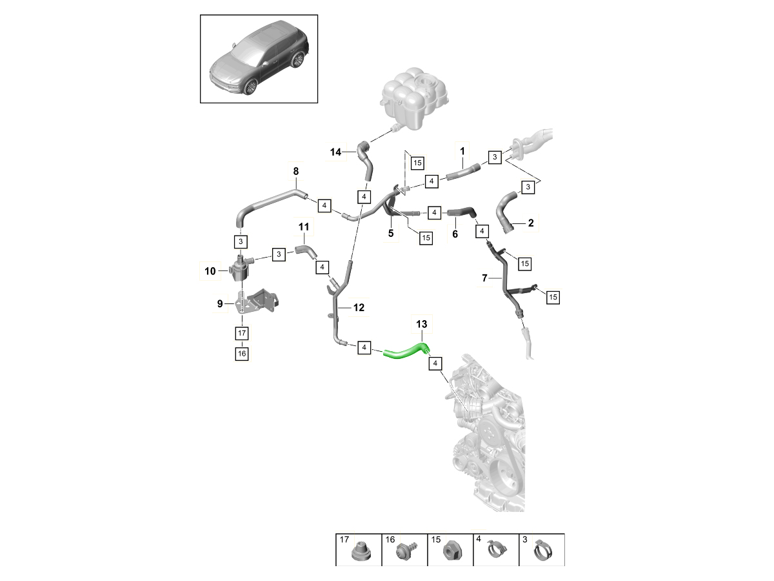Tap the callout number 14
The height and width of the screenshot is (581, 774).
click(335, 152)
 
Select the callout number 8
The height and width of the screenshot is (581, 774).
click(296, 171)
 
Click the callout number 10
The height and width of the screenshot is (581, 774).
click(210, 272)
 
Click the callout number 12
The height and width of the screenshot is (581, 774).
click(359, 308)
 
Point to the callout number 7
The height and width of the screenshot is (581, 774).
click(484, 278)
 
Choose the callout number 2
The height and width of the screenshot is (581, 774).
click(531, 223)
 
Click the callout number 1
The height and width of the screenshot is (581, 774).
click(462, 152)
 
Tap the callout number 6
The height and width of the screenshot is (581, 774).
click(455, 234)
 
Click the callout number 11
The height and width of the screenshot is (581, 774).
click(304, 227)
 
